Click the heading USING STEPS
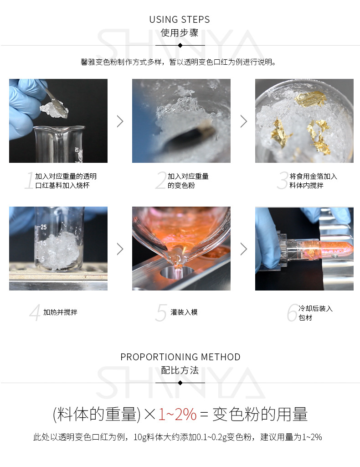tap(180, 20)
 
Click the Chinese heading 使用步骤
tap(180, 33)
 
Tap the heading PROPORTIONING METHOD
tap(180, 357)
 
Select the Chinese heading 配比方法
tap(180, 370)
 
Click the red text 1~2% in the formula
tap(177, 414)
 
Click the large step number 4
tap(35, 313)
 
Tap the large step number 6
tap(292, 313)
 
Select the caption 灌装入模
tap(184, 312)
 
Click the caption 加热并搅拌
tap(60, 312)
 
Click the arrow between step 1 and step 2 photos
tap(120, 121)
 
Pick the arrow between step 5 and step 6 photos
tap(243, 249)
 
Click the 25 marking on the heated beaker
tap(43, 227)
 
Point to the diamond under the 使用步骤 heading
tap(180, 46)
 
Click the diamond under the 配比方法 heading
tap(180, 383)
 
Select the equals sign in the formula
tap(204, 415)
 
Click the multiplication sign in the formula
tap(150, 415)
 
